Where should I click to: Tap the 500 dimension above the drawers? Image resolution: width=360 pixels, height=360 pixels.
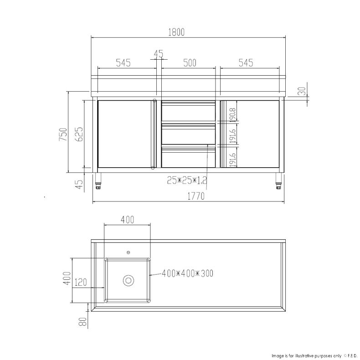click(x=189, y=63)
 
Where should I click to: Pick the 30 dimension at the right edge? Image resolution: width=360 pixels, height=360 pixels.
click(x=302, y=91)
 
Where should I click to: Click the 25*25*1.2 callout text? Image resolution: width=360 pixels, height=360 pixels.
click(x=186, y=181)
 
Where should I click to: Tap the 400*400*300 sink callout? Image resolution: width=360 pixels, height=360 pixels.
click(x=187, y=273)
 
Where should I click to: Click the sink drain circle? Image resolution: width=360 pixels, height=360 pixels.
click(x=129, y=280)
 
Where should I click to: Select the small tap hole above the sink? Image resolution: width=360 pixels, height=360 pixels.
click(x=128, y=251)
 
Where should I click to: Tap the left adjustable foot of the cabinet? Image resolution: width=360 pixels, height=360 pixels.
click(x=99, y=181)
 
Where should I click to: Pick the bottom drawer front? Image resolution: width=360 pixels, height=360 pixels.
click(x=189, y=157)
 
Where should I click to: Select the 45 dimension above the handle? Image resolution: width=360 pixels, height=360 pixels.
click(x=158, y=54)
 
